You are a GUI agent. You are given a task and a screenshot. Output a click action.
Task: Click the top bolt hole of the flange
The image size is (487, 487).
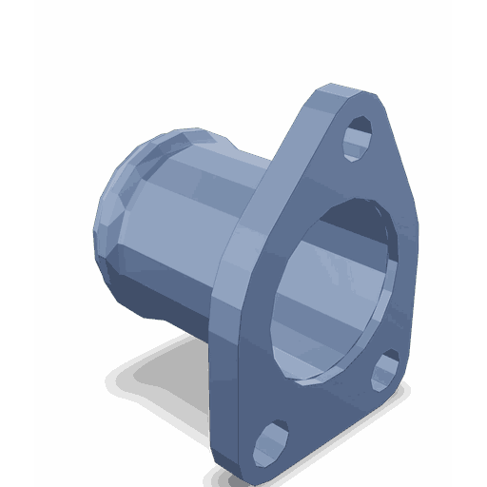point(358,137)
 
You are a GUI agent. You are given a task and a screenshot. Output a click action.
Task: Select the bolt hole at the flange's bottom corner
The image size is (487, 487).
point(271,441)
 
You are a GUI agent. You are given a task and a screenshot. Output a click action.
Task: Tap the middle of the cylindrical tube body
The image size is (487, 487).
point(190,238)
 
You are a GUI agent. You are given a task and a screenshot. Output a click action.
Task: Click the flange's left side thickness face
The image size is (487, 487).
point(228,314)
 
